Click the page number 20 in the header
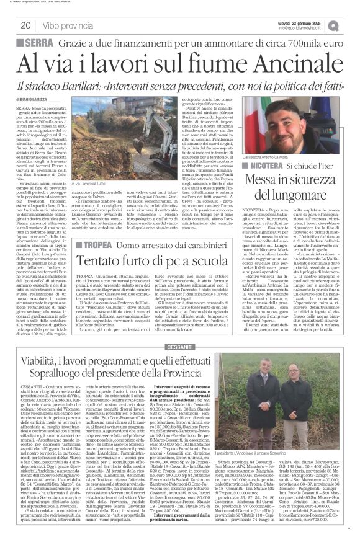[x=25, y=25]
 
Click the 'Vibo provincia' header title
[x=71, y=25]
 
